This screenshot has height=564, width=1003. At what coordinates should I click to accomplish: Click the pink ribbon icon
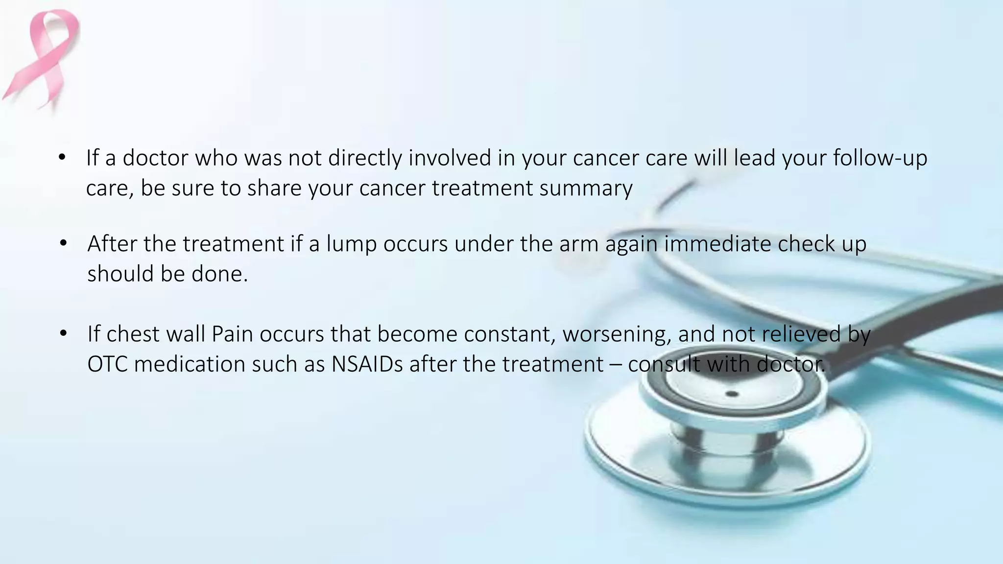42,59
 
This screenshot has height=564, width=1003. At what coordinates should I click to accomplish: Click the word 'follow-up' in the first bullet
880,158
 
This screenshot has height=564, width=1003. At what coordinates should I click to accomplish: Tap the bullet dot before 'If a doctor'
62,158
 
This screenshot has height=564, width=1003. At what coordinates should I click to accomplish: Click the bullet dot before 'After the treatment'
63,244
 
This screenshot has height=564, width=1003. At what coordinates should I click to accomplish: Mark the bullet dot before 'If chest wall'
63,334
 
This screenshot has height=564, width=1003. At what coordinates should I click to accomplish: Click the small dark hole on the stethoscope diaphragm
732,394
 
